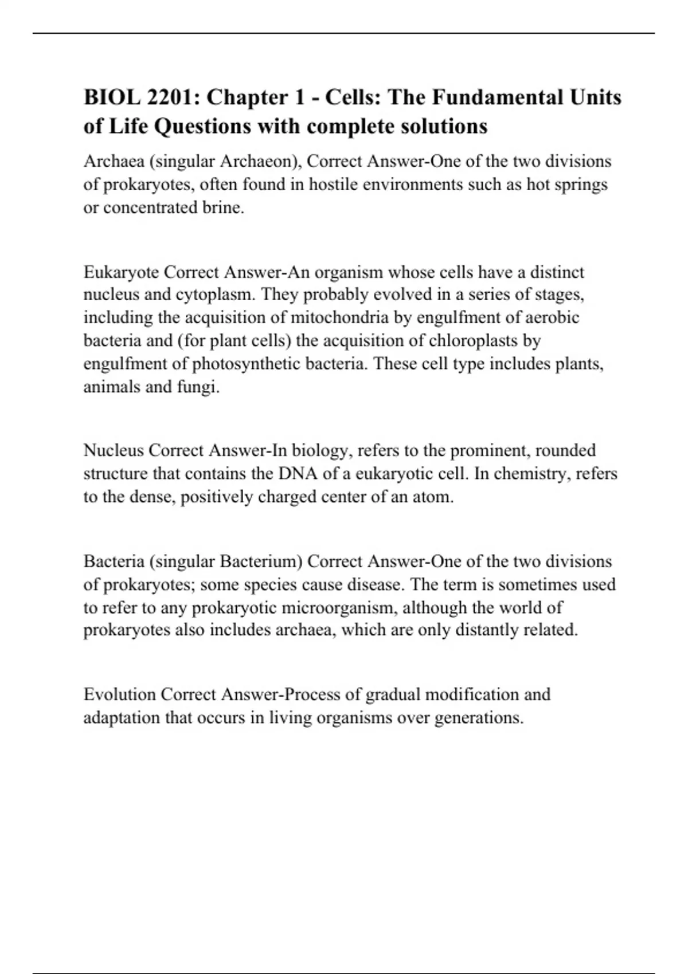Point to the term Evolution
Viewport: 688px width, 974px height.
pos(119,694)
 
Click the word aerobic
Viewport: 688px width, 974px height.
pos(549,317)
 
